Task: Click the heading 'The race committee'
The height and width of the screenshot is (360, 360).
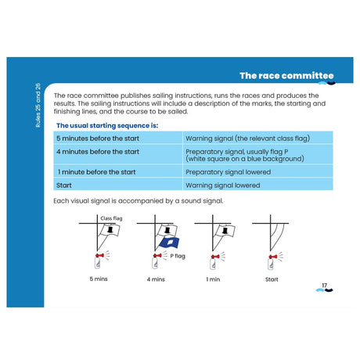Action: pyautogui.click(x=286, y=76)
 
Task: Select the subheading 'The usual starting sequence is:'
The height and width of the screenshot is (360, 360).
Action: pyautogui.click(x=107, y=125)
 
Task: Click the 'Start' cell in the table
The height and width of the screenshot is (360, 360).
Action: pyautogui.click(x=65, y=185)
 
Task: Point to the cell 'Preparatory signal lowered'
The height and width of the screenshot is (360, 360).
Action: pyautogui.click(x=228, y=171)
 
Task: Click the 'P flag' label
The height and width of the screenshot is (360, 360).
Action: pyautogui.click(x=179, y=255)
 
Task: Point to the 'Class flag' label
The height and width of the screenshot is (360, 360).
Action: pyautogui.click(x=110, y=218)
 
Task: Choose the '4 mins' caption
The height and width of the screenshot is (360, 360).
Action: pyautogui.click(x=156, y=279)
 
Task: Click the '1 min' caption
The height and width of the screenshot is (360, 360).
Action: pyautogui.click(x=212, y=279)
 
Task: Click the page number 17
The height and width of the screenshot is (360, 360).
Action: pyautogui.click(x=323, y=286)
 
